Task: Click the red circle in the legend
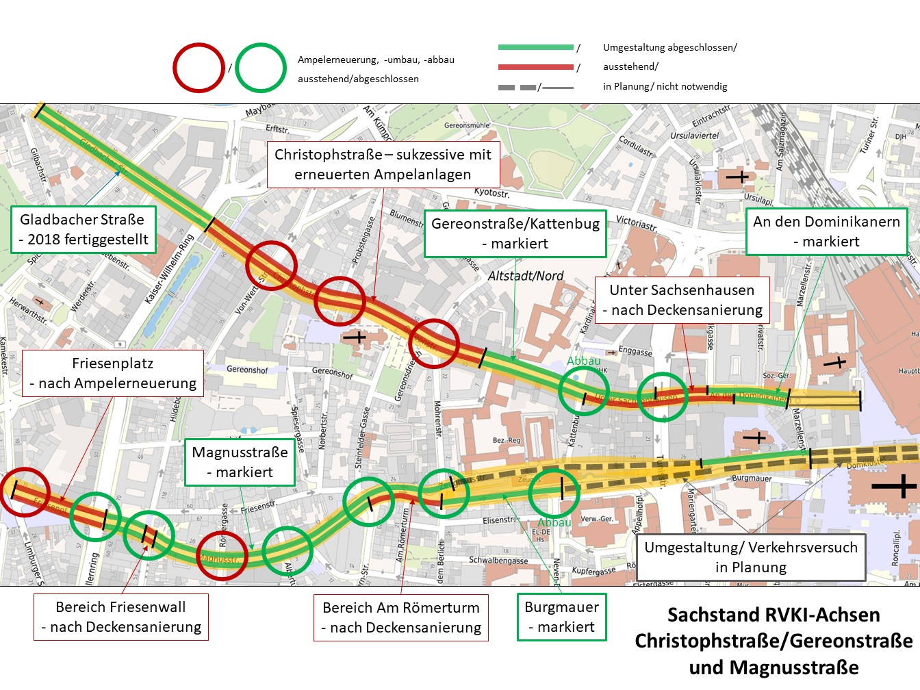[x=199, y=68]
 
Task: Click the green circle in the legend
[x=261, y=68]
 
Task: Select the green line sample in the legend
[x=536, y=47]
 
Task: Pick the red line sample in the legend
[x=536, y=67]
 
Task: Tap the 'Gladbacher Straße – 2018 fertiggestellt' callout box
[x=84, y=229]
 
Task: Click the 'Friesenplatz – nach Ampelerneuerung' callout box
[x=113, y=373]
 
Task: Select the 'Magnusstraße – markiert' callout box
[x=240, y=462]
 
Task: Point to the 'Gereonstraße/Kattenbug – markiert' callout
[x=515, y=233]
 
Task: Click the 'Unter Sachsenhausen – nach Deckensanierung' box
[x=682, y=300]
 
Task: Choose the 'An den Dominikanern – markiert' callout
[x=826, y=231]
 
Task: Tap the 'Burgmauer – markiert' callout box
[x=561, y=617]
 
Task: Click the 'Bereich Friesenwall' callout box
[x=121, y=617]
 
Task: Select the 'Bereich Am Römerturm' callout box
[x=401, y=617]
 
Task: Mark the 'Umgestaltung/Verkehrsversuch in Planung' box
[x=751, y=557]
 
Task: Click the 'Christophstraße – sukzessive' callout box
[x=383, y=164]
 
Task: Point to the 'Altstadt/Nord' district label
[x=526, y=276]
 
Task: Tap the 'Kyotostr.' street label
[x=491, y=193]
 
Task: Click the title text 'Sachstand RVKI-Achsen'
[x=774, y=615]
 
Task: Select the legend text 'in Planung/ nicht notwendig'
[x=665, y=86]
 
